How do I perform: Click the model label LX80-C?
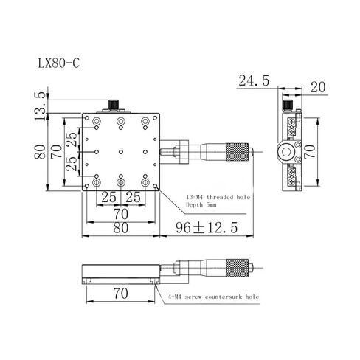(x=59, y=63)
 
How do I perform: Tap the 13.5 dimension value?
(x=40, y=106)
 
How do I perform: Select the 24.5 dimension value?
(x=254, y=80)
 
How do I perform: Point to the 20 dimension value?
(x=318, y=87)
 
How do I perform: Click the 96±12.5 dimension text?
(x=207, y=227)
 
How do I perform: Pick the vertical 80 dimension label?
(x=40, y=152)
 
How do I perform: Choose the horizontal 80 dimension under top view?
(x=121, y=228)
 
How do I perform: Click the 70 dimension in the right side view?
(x=310, y=151)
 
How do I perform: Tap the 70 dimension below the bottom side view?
(x=120, y=294)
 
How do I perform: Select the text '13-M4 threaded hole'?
(x=218, y=197)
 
